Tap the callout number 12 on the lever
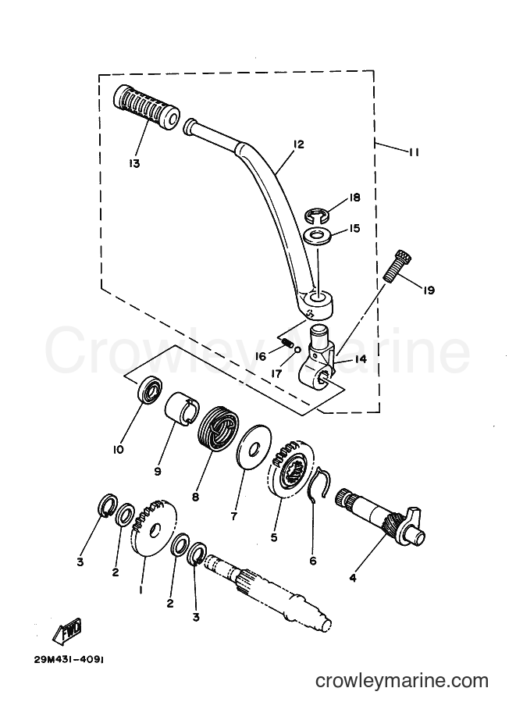pyautogui.click(x=298, y=144)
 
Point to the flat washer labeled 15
pyautogui.click(x=318, y=237)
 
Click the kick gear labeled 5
pyautogui.click(x=290, y=469)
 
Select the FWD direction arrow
pyautogui.click(x=67, y=632)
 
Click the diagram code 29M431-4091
pyautogui.click(x=69, y=660)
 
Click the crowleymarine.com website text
pyautogui.click(x=402, y=681)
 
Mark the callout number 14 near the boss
pyautogui.click(x=361, y=358)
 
